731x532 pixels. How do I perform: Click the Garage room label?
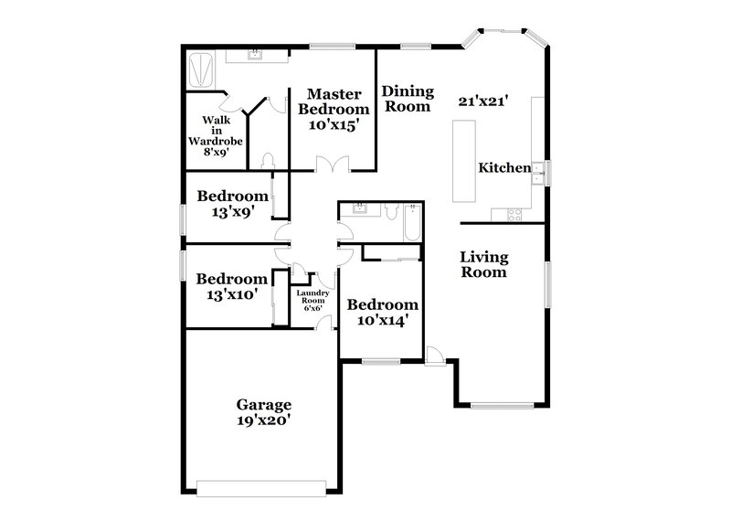[263, 404]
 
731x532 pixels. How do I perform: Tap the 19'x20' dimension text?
[263, 421]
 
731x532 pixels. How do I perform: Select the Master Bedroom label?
[337, 101]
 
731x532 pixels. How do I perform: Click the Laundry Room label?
[312, 300]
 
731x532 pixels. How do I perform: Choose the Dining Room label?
[406, 98]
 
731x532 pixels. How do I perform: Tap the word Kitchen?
[504, 168]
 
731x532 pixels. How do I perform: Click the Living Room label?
[483, 264]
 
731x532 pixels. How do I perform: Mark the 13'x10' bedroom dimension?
[232, 294]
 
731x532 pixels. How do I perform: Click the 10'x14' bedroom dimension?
[381, 321]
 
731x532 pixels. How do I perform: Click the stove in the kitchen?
[514, 216]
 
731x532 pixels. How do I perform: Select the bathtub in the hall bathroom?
[412, 222]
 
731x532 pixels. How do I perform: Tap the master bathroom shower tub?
[201, 69]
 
